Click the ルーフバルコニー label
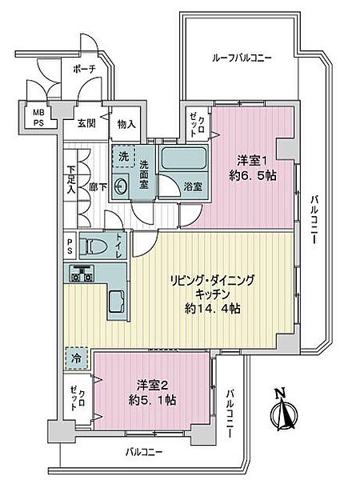(242, 58)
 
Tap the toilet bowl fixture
(95, 248)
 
